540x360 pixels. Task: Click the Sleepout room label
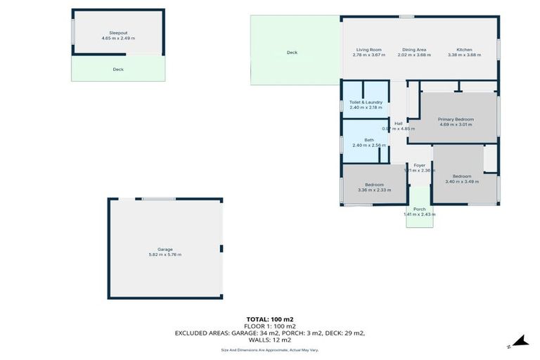[118, 32]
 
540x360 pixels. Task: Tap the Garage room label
[165, 249]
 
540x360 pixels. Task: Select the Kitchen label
[464, 50]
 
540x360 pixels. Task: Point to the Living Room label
[368, 50]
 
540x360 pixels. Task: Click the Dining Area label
[414, 50]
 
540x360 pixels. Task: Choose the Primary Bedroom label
[456, 120]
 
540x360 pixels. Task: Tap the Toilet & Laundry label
[366, 103]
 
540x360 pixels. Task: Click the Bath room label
[369, 140]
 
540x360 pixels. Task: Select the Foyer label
[420, 165]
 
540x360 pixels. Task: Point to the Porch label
[420, 209]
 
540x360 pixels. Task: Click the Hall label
[398, 124]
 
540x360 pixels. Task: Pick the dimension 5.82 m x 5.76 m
[165, 255]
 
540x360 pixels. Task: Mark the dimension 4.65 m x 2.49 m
[118, 38]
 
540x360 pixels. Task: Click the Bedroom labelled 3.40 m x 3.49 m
[462, 176]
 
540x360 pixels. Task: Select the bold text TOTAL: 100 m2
[269, 319]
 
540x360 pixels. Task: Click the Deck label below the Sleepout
[118, 70]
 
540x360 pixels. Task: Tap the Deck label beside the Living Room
[292, 53]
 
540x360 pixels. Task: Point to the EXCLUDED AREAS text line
[270, 333]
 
